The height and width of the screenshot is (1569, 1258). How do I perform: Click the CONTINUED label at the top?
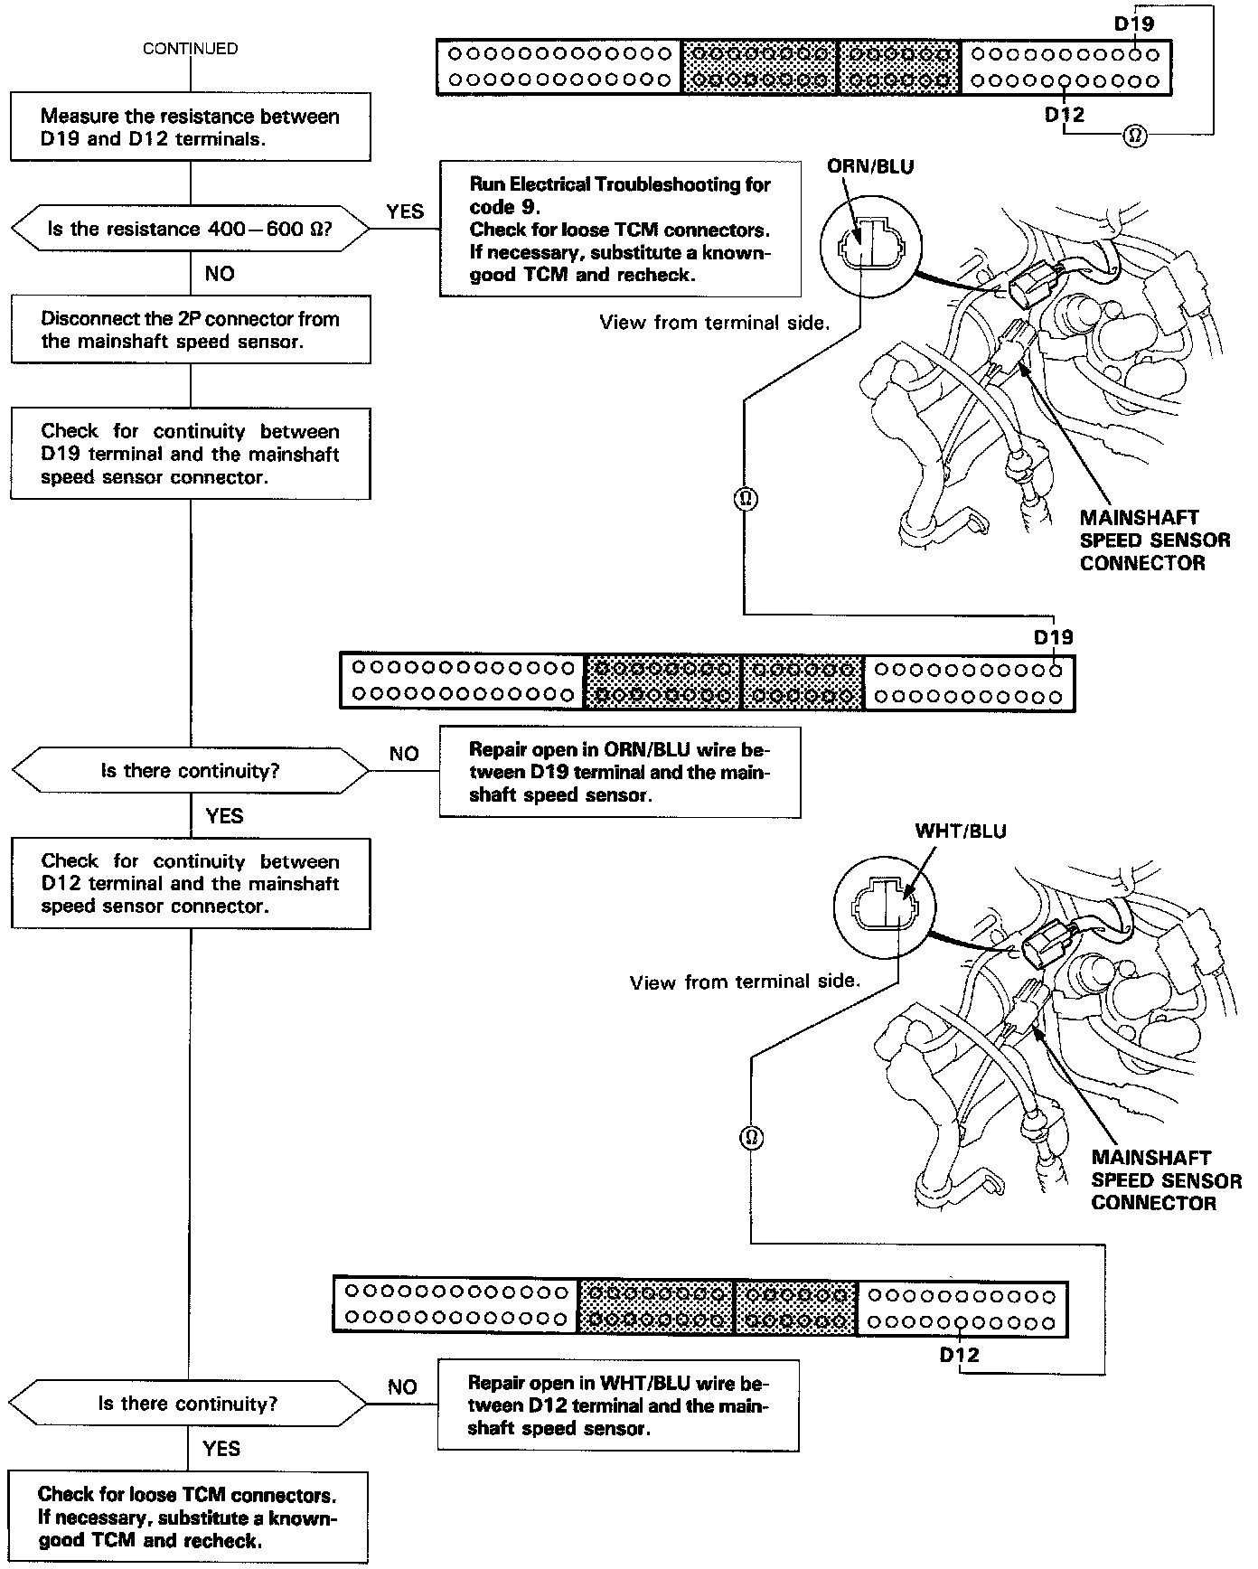click(x=191, y=49)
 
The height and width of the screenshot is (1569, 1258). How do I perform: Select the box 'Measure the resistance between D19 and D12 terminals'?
click(x=190, y=127)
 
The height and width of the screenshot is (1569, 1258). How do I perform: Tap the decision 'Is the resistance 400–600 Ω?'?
click(x=190, y=230)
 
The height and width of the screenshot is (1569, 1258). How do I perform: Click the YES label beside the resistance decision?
click(x=405, y=211)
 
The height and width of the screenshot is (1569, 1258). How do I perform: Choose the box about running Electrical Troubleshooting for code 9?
click(x=620, y=230)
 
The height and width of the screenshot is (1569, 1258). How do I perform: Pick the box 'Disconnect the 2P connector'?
click(x=190, y=330)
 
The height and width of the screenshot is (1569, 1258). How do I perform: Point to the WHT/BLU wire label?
click(x=961, y=831)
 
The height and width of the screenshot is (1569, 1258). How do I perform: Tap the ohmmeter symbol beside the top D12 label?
click(x=1135, y=136)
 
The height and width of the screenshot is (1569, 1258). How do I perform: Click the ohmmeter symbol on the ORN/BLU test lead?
click(x=746, y=499)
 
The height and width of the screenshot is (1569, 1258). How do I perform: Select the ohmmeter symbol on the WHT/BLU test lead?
click(x=752, y=1137)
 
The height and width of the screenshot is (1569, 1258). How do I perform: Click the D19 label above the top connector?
click(x=1133, y=24)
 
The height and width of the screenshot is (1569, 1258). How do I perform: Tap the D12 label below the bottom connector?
click(x=959, y=1355)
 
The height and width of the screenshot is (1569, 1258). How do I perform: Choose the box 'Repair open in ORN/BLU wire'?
click(x=620, y=773)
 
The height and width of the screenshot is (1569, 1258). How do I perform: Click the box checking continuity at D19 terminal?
click(x=190, y=454)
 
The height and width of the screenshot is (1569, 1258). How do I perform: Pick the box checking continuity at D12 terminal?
click(x=190, y=883)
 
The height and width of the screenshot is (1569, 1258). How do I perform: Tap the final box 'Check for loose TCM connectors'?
click(x=188, y=1518)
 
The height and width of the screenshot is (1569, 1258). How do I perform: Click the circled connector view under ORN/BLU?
click(x=870, y=244)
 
